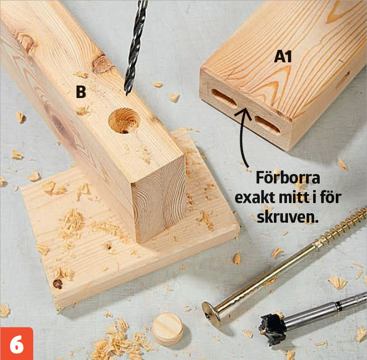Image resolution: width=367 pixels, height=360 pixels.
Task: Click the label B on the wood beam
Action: pyautogui.click(x=81, y=92)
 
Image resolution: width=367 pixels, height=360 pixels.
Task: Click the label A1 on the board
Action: pyautogui.click(x=283, y=57)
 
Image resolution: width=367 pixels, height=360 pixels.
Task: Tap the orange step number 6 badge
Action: pyautogui.click(x=17, y=343)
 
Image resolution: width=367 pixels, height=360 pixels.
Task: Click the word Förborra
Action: pyautogui.click(x=287, y=178)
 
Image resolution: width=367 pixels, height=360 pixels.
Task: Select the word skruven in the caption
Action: pyautogui.click(x=288, y=218)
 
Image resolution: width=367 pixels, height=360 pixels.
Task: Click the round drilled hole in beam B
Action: pyautogui.click(x=124, y=120)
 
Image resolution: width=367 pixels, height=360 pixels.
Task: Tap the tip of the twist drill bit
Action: pyautogui.click(x=127, y=95)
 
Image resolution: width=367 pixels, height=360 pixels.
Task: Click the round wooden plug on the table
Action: pyautogui.click(x=168, y=329)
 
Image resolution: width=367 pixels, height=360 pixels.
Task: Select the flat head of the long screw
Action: pyautogui.click(x=211, y=314)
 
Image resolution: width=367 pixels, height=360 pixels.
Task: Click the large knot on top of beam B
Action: pyautogui.click(x=102, y=63)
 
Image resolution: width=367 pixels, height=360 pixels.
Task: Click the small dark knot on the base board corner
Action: pyautogui.click(x=57, y=284)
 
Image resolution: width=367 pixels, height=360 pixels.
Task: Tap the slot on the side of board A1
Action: pyautogui.click(x=343, y=80)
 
